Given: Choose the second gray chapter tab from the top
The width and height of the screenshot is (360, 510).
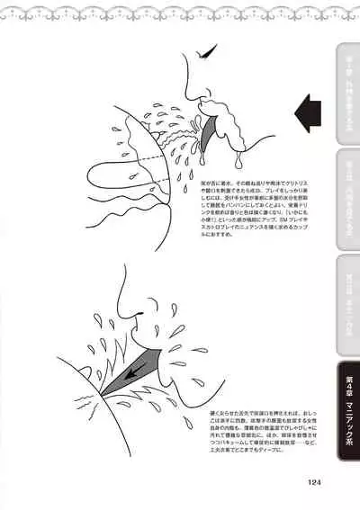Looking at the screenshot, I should (347, 193).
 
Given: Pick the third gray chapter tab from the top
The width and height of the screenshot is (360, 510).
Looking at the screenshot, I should (347, 301).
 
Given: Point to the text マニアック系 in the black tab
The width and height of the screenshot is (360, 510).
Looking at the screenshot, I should (347, 427).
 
